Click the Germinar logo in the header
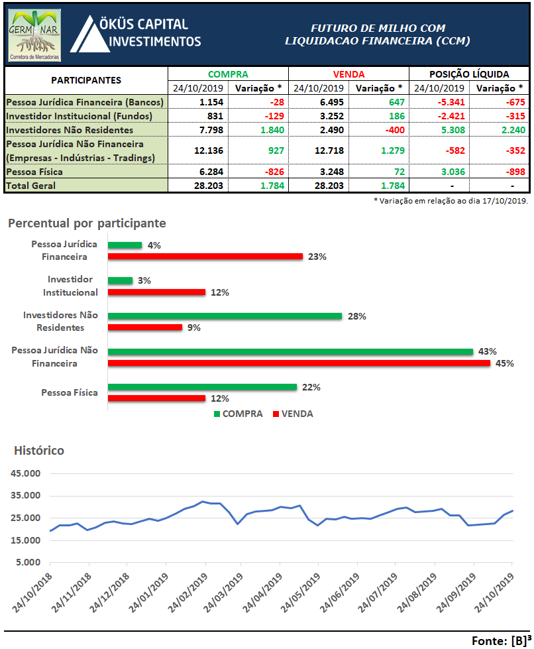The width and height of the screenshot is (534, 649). point(34,36)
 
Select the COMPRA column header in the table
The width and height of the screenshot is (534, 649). point(228,74)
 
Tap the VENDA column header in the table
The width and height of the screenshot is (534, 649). point(348,74)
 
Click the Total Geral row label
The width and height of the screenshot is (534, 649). point(30,186)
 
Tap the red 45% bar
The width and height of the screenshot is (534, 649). point(299,363)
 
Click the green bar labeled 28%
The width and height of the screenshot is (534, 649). point(225,316)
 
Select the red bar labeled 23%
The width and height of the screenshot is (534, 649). point(205,257)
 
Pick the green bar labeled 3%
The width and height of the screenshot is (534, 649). point(121,280)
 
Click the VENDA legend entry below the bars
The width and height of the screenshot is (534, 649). point(293,414)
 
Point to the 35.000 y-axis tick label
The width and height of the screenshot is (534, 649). point(26,495)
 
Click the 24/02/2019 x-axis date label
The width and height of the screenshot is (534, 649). point(187,592)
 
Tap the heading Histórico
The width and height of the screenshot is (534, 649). point(39,450)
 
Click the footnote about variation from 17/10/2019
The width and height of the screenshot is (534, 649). point(451,201)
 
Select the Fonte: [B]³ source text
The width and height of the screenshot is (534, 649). point(502,640)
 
